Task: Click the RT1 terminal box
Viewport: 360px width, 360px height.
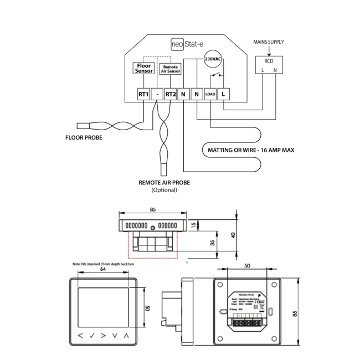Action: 143,94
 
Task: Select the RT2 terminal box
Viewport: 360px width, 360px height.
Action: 171,94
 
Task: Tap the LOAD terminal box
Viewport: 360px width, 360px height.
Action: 210,94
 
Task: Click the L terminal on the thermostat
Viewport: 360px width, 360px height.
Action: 223,94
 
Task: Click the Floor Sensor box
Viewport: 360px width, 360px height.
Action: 144,68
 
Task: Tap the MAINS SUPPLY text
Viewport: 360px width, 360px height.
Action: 269,42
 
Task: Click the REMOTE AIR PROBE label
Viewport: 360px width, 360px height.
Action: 164,181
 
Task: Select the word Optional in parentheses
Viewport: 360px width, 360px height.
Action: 164,189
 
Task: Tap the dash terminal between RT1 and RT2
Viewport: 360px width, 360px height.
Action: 157,94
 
